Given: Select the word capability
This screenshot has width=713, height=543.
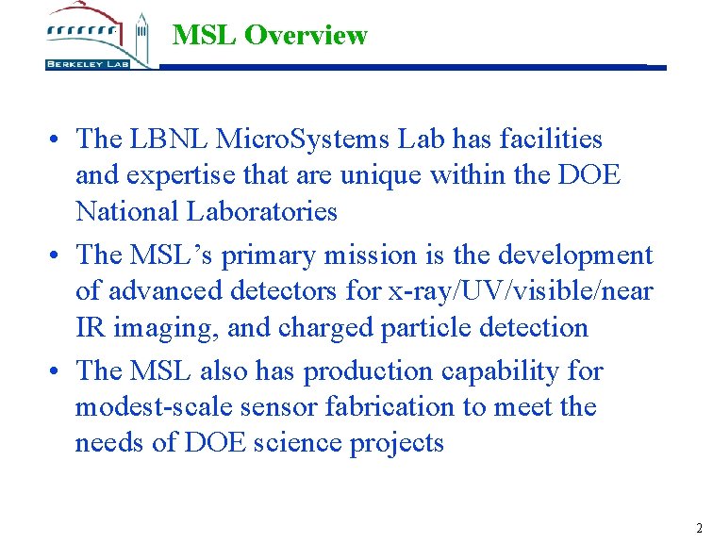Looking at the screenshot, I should (502, 371).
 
